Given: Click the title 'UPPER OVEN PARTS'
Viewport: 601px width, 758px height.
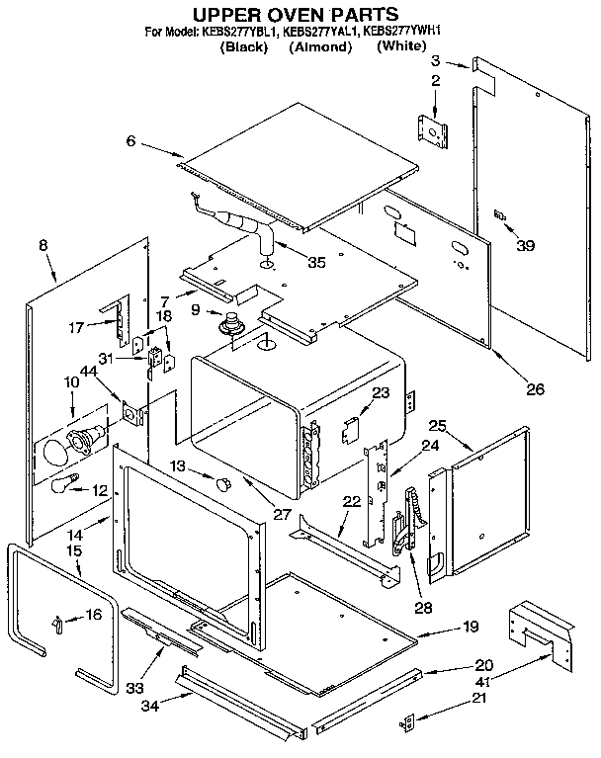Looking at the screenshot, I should coord(295,14).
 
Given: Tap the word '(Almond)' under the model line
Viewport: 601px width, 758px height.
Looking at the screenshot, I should coord(320,47).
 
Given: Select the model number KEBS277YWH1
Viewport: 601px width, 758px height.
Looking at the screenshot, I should coord(401,32).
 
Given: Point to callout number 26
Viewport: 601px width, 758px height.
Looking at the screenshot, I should coord(535,388).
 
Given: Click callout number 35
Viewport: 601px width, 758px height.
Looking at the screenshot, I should coord(316,263).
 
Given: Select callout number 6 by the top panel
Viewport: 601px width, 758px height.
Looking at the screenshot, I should coord(129,142).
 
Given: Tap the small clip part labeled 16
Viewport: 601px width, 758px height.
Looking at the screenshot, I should coord(58,620).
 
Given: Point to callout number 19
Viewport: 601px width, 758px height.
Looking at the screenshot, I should coord(470,626).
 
